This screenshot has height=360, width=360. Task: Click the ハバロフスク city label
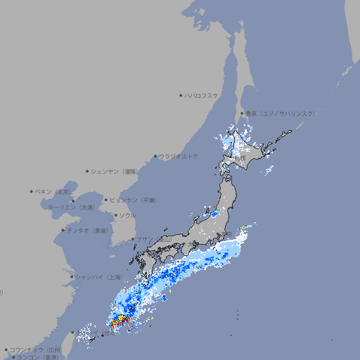pyautogui.click(x=202, y=95)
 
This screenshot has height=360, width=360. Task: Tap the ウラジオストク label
pyautogui.click(x=179, y=156)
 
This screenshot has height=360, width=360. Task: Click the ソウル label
pyautogui.click(x=127, y=215)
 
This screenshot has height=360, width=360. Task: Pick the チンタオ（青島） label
pyautogui.click(x=88, y=230)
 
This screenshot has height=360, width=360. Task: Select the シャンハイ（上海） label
pyautogui.click(x=98, y=277)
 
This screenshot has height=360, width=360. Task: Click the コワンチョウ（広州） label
pyautogui.click(x=37, y=349)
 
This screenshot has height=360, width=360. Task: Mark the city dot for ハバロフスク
pyautogui.click(x=181, y=95)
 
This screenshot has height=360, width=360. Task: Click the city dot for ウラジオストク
pyautogui.click(x=155, y=156)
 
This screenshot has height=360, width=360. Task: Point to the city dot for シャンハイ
pyautogui.click(x=72, y=277)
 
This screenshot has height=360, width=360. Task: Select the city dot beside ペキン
pyautogui.click(x=32, y=191)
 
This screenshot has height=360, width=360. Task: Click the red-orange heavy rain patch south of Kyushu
pyautogui.click(x=118, y=323)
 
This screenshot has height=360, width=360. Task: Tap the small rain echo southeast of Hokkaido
pyautogui.click(x=268, y=170)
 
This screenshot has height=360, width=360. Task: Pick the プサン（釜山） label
pyautogui.click(x=153, y=239)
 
